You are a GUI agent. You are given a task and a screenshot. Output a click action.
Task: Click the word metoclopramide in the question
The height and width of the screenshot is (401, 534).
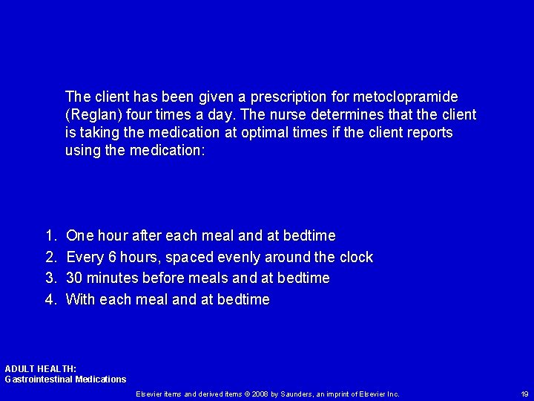pos(407,97)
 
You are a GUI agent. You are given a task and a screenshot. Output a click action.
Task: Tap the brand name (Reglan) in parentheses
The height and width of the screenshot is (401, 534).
pos(90,115)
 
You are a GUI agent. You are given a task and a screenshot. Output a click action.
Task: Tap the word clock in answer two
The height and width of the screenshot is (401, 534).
pos(355,258)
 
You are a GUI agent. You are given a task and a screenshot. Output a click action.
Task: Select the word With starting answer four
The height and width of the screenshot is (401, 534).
pos(80,300)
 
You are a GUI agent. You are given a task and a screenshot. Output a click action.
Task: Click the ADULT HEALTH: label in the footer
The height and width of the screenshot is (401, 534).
pos(40,368)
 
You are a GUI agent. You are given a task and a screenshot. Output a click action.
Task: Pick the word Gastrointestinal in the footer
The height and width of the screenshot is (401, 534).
pos(39,379)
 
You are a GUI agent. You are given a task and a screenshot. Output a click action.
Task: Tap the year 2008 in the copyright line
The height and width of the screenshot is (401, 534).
pos(260,394)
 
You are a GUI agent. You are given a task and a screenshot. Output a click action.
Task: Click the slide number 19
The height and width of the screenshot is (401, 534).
pos(524,394)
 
